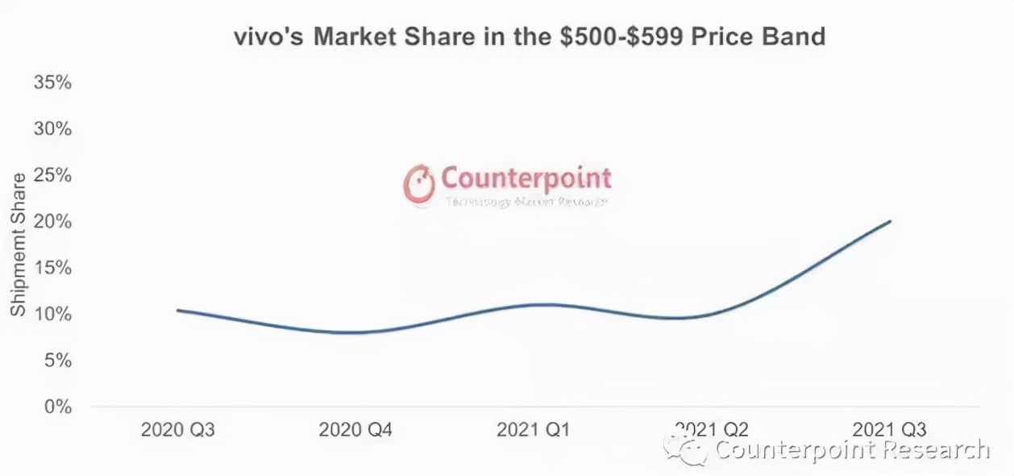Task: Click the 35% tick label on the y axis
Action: point(53,83)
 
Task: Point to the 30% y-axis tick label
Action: point(53,129)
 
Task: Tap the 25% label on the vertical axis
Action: point(53,175)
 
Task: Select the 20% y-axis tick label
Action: point(53,221)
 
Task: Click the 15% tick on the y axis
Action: point(53,268)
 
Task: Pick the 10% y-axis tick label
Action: point(53,314)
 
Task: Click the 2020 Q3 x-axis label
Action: point(177,429)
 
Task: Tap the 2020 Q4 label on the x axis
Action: point(355,429)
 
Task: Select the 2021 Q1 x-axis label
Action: point(534,429)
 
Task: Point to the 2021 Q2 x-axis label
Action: point(712,428)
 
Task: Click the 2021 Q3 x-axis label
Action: point(890,429)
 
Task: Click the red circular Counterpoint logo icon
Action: point(419,183)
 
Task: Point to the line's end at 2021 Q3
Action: point(890,221)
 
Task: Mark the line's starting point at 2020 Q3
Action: point(177,311)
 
